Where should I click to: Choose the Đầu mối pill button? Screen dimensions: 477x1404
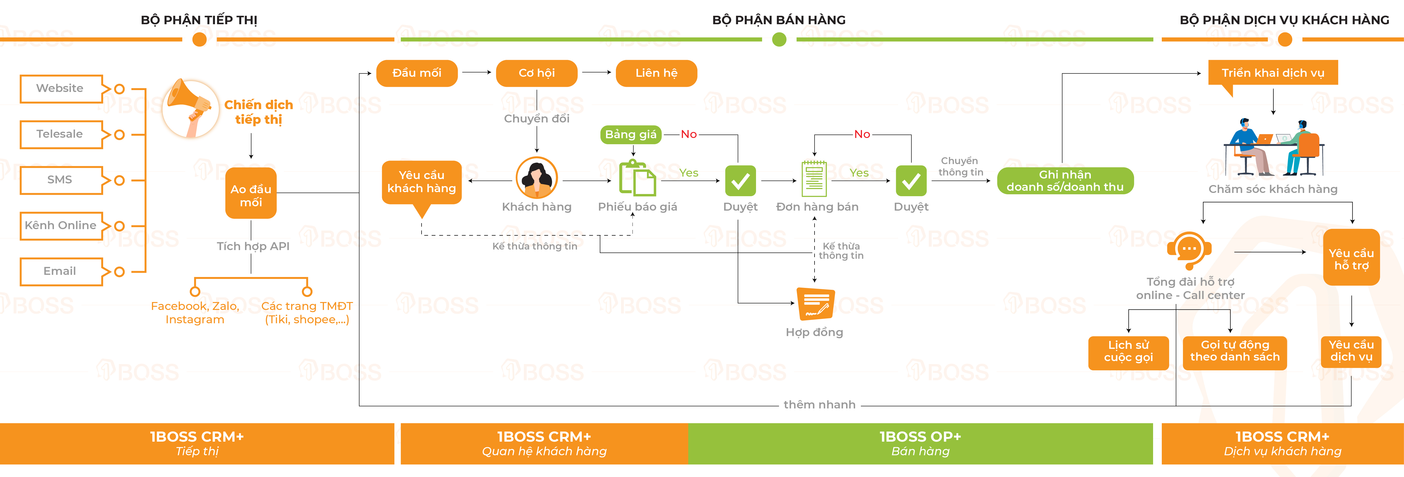416,73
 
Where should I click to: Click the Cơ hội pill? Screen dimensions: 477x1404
536,73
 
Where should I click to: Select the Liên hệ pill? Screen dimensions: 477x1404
656,73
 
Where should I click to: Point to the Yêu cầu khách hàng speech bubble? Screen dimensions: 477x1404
421,183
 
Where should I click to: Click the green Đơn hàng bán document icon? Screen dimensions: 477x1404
814,179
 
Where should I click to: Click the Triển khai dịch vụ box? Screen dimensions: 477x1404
1273,73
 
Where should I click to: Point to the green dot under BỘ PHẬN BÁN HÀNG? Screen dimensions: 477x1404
779,39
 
